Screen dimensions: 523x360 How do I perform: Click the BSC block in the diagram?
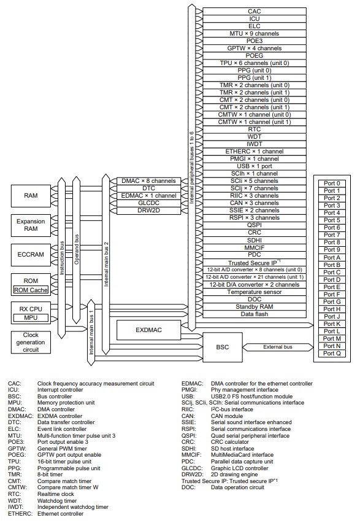221,347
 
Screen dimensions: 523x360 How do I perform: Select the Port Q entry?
332,353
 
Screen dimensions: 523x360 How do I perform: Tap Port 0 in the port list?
332,184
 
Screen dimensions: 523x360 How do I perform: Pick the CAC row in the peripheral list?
255,12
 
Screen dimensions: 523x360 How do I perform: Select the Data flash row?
255,314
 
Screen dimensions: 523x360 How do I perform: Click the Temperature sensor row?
255,292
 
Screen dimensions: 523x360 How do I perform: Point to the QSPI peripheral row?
255,225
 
